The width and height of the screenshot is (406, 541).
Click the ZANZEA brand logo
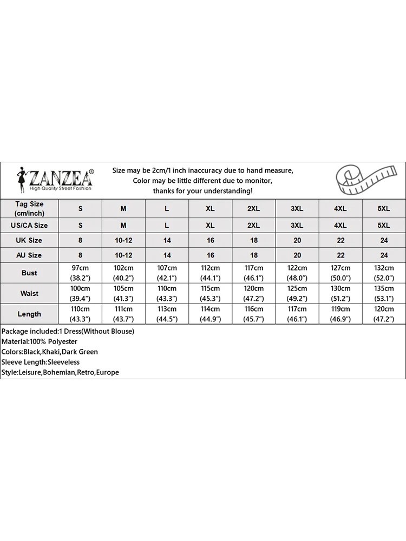56,179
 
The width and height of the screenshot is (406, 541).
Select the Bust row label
29,273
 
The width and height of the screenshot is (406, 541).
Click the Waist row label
29,293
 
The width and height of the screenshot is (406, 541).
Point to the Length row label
29,314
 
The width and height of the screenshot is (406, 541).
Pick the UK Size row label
29,240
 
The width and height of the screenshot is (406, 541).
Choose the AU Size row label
29,255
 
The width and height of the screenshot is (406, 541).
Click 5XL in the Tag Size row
383,208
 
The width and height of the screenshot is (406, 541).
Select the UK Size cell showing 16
211,240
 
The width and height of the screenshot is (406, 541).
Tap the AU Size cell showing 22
340,255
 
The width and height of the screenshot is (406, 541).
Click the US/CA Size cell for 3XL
297,225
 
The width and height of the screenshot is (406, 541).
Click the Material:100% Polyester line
40,341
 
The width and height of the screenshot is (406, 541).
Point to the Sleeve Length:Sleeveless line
41,362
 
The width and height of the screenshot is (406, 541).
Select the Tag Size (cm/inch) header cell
29,208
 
